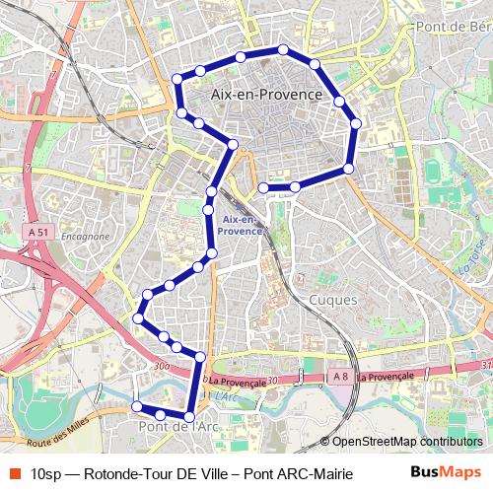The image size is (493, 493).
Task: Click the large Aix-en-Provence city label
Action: click(266, 94)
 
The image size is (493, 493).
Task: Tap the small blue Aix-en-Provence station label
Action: click(241, 224)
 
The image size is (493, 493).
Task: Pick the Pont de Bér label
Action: click(453, 28)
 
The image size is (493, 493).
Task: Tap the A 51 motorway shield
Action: click(38, 231)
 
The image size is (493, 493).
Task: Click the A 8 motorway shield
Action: click(340, 377)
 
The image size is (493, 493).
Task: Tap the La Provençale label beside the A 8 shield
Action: click(386, 377)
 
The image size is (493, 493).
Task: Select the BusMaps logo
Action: click(447, 471)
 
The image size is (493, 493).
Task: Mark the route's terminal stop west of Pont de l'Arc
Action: click(137, 406)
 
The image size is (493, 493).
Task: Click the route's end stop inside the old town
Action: click(263, 187)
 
